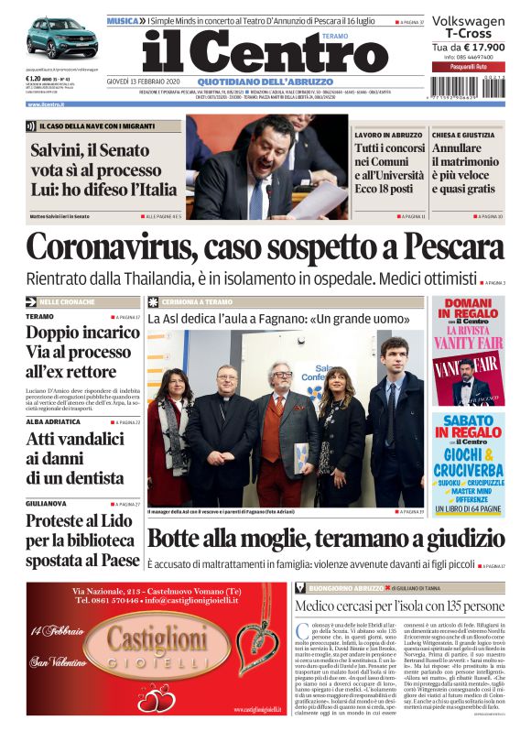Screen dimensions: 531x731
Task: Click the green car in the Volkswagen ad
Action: (60, 38)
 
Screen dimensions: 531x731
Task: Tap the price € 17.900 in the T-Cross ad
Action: (481, 47)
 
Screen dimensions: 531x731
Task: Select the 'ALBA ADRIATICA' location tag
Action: (51, 422)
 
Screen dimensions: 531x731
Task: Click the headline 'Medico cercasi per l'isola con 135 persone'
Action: (407, 606)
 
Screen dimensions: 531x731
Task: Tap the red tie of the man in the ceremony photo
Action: (278, 404)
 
